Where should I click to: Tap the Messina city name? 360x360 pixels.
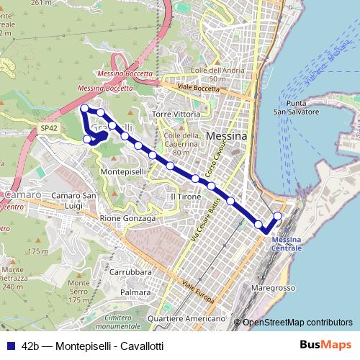[x=226, y=136]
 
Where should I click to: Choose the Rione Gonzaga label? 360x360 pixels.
[x=127, y=218]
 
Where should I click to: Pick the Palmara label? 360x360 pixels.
[x=136, y=293]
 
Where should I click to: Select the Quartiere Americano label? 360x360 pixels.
[x=186, y=318]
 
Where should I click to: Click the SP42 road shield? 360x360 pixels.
[x=48, y=128]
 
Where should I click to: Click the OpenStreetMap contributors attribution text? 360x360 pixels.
[x=297, y=323]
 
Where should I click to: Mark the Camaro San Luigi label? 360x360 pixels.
[x=74, y=201]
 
